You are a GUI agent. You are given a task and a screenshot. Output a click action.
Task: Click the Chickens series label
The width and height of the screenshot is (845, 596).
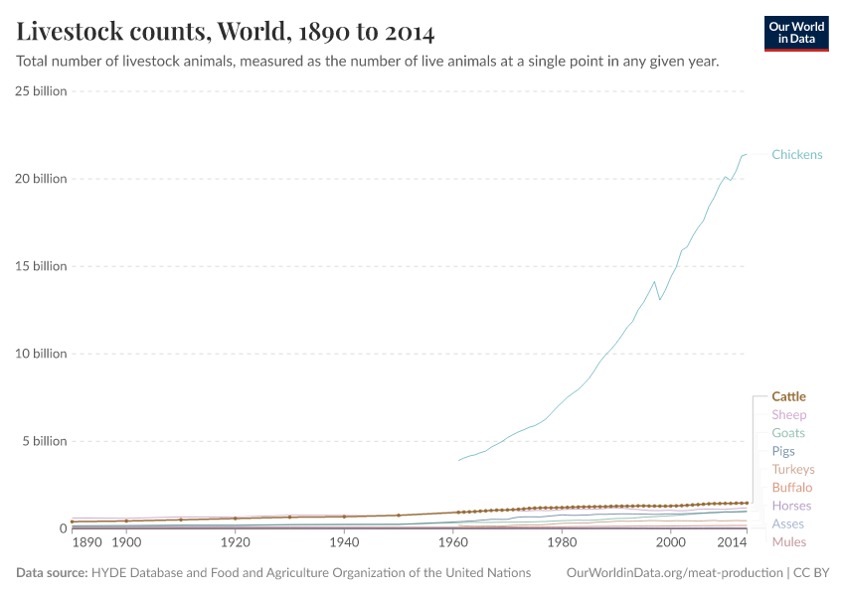(x=796, y=155)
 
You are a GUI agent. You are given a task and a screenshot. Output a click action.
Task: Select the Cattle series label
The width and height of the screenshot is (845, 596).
(x=788, y=396)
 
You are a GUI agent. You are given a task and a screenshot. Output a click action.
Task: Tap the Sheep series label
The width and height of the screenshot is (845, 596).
(x=788, y=415)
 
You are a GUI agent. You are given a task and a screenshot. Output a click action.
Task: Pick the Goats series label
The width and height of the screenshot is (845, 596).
(x=788, y=433)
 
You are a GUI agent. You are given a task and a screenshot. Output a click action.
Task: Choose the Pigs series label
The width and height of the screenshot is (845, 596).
(x=783, y=451)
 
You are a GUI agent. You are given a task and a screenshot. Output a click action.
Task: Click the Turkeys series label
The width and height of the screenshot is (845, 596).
(x=792, y=469)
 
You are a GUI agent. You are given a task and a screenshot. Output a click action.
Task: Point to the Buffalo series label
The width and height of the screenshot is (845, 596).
(x=791, y=488)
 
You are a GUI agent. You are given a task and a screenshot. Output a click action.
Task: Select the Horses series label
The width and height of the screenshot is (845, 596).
(x=791, y=506)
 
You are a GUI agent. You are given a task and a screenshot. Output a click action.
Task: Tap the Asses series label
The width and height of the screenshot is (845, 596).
(x=787, y=523)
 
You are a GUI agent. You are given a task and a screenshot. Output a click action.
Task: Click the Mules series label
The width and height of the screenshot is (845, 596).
(x=788, y=542)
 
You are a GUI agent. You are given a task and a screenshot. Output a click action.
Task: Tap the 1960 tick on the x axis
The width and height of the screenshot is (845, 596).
(x=453, y=543)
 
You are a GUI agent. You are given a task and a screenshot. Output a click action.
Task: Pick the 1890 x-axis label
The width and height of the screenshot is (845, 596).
(x=87, y=543)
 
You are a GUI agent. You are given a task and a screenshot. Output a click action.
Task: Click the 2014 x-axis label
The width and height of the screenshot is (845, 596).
(x=732, y=543)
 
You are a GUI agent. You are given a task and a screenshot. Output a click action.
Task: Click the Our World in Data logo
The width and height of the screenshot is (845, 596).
(x=795, y=33)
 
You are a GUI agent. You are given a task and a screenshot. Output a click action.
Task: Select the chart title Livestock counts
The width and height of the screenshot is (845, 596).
(x=226, y=32)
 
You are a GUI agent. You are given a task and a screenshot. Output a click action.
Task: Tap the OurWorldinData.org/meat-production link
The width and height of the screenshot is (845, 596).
(x=673, y=573)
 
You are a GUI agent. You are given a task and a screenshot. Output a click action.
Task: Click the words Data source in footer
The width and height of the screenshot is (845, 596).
(x=52, y=573)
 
